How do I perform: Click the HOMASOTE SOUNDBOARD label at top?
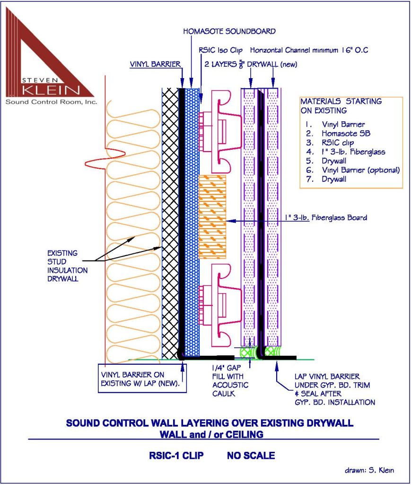229,31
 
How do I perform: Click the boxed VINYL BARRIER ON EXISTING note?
141,378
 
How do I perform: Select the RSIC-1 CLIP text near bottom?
176,456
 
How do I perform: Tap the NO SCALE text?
251,456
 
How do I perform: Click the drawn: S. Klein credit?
369,470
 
